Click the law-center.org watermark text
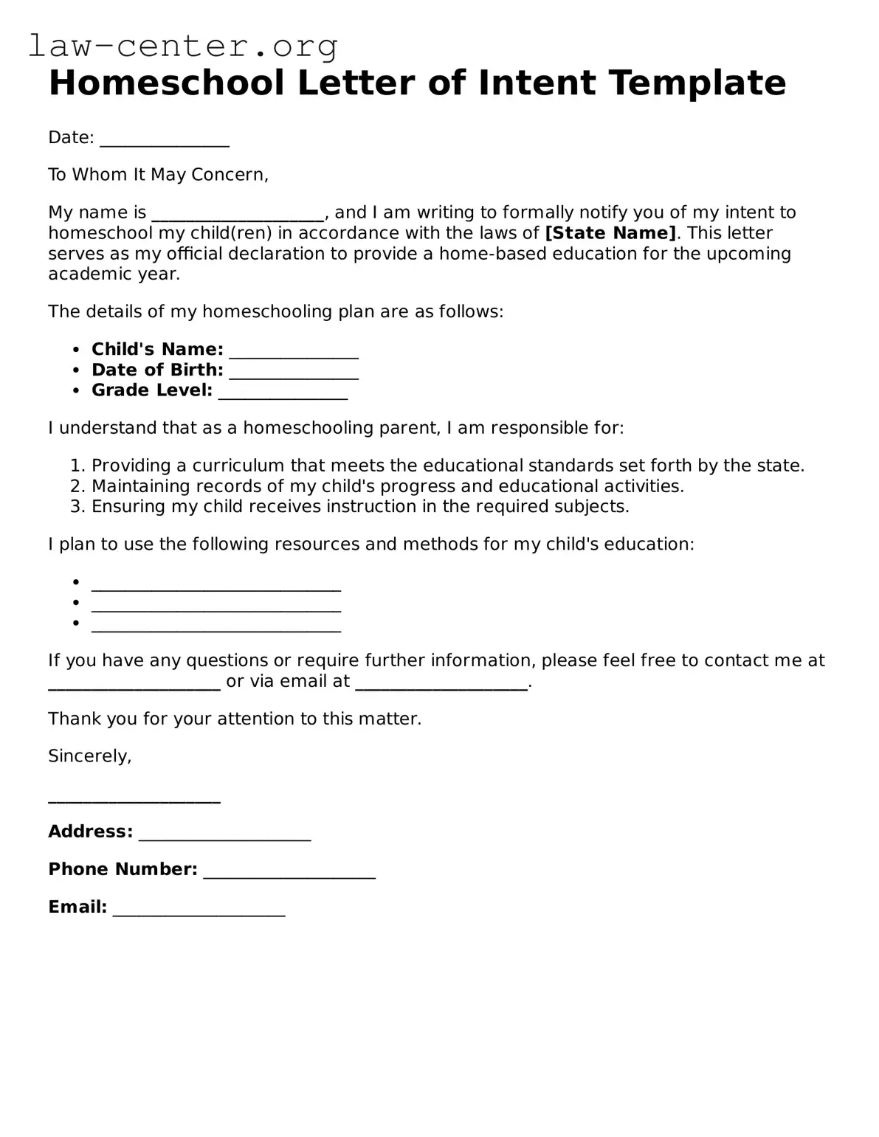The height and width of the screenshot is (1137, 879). [x=183, y=46]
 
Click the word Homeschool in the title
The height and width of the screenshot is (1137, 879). [x=166, y=83]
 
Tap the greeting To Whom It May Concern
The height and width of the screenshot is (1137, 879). [x=158, y=175]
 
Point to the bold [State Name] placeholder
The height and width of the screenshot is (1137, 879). [x=610, y=233]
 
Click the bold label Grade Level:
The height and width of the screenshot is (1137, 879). [x=152, y=390]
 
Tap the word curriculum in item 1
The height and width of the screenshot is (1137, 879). [x=238, y=466]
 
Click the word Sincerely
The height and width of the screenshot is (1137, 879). [x=89, y=756]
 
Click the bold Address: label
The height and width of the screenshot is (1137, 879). [x=90, y=832]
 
